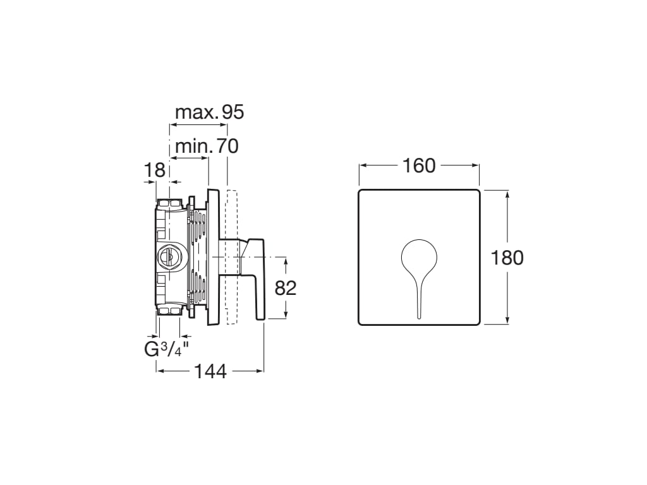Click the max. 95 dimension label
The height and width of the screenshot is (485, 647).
[209, 112]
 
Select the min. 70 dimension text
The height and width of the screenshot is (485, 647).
[207, 147]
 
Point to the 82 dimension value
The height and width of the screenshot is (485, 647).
[286, 288]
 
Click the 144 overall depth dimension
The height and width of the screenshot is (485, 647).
[210, 371]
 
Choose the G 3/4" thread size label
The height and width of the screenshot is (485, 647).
[166, 349]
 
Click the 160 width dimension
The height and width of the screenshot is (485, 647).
[419, 165]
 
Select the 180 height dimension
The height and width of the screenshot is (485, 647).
[507, 258]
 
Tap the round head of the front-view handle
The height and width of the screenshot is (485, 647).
[419, 256]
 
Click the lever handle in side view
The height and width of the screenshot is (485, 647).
[257, 278]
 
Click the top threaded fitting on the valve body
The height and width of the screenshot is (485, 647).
[169, 203]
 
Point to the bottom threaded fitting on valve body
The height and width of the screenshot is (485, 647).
[169, 310]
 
